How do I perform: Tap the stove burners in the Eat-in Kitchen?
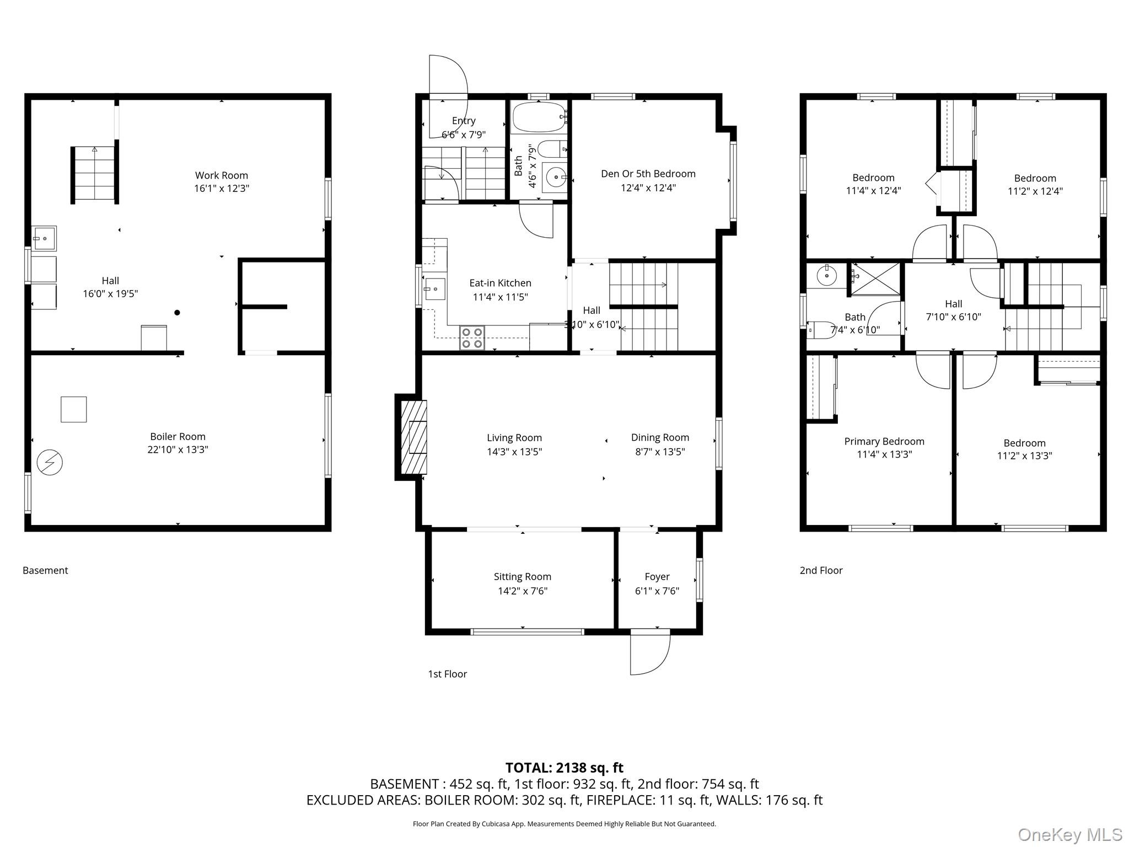pyautogui.click(x=472, y=338)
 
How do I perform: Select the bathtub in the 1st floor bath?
pyautogui.click(x=540, y=117)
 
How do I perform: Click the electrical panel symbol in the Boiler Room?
pyautogui.click(x=50, y=462)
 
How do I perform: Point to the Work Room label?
pyautogui.click(x=222, y=175)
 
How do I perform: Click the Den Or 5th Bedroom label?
pyautogui.click(x=648, y=174)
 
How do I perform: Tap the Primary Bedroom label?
pyautogui.click(x=884, y=441)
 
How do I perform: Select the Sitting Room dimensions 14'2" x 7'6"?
pyautogui.click(x=523, y=591)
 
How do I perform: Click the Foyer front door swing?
pyautogui.click(x=650, y=654)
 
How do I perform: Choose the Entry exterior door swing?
pyautogui.click(x=448, y=77)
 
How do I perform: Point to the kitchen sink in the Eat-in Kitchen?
pyautogui.click(x=434, y=289)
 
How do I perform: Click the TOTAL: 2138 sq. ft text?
pyautogui.click(x=564, y=768)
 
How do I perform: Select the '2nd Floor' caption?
pyautogui.click(x=821, y=570)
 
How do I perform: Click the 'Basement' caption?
pyautogui.click(x=45, y=570)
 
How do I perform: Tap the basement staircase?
pyautogui.click(x=95, y=175)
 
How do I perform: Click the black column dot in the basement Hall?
pyautogui.click(x=178, y=313)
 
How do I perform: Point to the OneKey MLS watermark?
pyautogui.click(x=1070, y=834)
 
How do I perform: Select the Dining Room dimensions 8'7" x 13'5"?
pyautogui.click(x=660, y=452)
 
